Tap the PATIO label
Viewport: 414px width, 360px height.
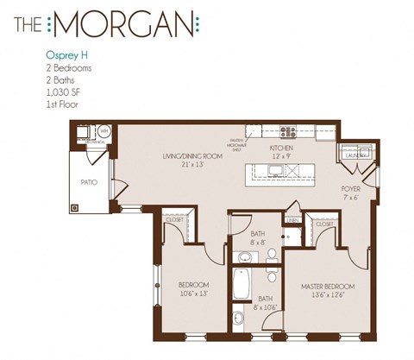point(88,183)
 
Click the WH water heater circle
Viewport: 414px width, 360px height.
point(103,131)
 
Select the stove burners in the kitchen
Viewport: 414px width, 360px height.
point(287,132)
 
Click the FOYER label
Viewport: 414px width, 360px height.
point(350,188)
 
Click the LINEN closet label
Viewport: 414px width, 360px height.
point(292,221)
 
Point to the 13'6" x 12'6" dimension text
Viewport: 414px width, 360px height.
point(329,294)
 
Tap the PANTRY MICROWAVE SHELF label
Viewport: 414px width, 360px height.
point(236,142)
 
